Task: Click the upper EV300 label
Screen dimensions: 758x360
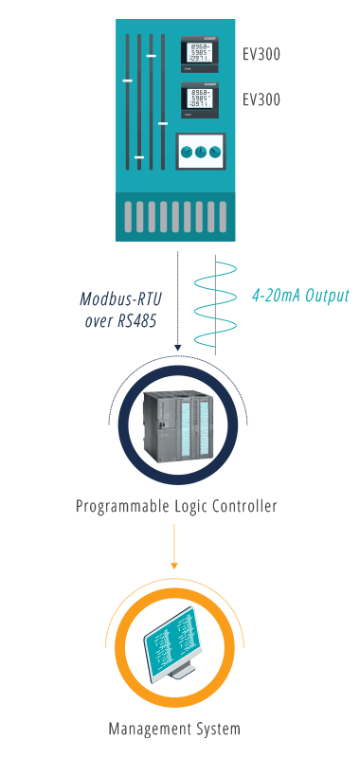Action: pos(261,54)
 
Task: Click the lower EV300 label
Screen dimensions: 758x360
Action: pos(261,99)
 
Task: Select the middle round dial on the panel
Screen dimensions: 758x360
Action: pos(200,152)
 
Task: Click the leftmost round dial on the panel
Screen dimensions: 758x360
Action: pos(186,152)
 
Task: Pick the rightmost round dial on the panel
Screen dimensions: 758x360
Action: pos(215,152)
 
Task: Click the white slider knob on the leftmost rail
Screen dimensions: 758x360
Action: pos(128,81)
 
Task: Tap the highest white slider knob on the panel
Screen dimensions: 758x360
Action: pos(151,56)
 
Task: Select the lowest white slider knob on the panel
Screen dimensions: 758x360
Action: pos(139,157)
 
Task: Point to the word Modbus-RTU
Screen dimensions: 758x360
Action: pos(120,299)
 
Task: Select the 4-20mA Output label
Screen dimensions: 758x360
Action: pos(300,296)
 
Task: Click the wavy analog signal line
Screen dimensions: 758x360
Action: pos(216,303)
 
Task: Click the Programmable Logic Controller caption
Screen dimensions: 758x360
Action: pos(176,506)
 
